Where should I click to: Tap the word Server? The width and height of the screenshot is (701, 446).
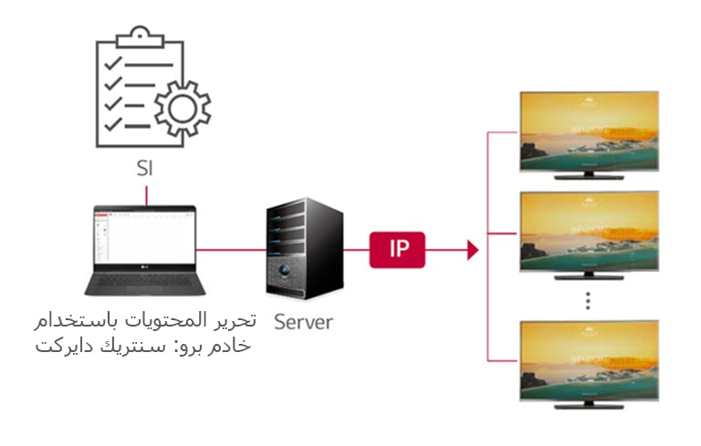click(304, 321)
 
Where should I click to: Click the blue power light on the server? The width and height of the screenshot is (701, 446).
click(290, 272)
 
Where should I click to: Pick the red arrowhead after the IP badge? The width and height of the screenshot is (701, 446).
click(472, 249)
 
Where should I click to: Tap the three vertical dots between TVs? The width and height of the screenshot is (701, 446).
click(589, 300)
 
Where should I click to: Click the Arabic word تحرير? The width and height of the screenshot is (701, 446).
click(236, 322)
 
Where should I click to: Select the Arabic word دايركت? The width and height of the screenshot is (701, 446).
click(63, 346)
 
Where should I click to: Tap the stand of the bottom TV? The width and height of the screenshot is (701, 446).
click(589, 402)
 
